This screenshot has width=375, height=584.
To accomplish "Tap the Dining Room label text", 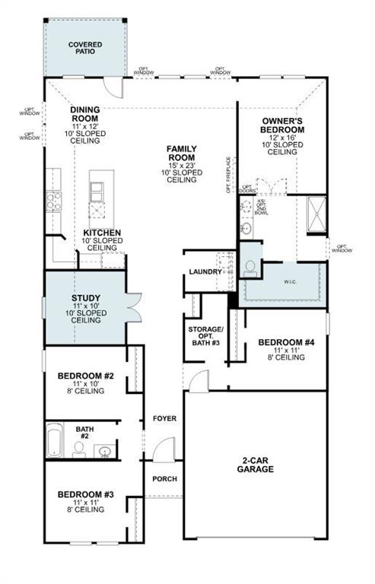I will (85, 114).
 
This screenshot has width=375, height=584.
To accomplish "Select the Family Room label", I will (183, 153).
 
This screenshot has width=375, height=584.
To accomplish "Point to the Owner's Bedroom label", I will (283, 125).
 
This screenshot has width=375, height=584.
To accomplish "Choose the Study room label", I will (86, 298).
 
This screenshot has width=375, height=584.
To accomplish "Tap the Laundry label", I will (205, 271).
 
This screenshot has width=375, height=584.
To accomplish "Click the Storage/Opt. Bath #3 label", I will (205, 334).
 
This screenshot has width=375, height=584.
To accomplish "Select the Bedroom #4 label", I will (286, 342).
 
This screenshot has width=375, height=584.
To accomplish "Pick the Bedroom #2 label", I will (86, 376).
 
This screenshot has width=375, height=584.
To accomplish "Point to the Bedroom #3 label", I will (86, 495).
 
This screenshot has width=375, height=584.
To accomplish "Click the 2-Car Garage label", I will (255, 465).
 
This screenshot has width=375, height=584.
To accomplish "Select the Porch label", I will (164, 478).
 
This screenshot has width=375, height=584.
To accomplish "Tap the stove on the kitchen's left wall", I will (52, 200).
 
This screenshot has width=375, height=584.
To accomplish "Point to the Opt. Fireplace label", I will (227, 174).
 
